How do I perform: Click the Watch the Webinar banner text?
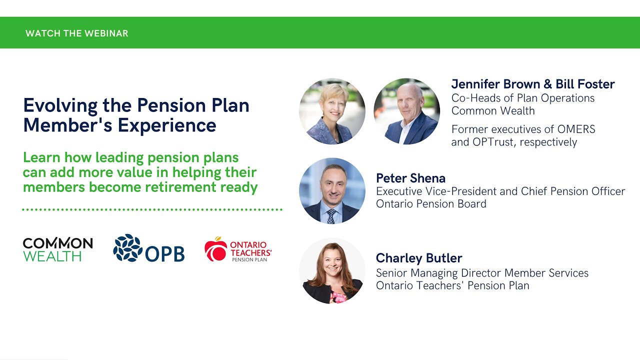pyautogui.click(x=76, y=33)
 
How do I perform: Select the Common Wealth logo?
pyautogui.click(x=57, y=249)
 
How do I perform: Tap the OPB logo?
pyautogui.click(x=149, y=248)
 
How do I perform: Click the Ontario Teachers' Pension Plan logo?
pyautogui.click(x=238, y=249)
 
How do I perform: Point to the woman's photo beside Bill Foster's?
pyautogui.click(x=332, y=111)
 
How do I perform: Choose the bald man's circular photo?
pyautogui.click(x=406, y=111)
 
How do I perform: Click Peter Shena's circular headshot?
pyautogui.click(x=332, y=190)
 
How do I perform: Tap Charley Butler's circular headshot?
pyautogui.click(x=332, y=270)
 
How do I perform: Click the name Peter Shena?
pyautogui.click(x=410, y=178)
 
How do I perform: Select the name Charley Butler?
pyautogui.click(x=418, y=258)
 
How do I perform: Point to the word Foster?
pyautogui.click(x=596, y=84)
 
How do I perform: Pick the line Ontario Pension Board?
pyautogui.click(x=431, y=203)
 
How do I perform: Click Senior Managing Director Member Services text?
pyautogui.click(x=482, y=273)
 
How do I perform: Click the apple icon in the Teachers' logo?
pyautogui.click(x=215, y=249)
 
